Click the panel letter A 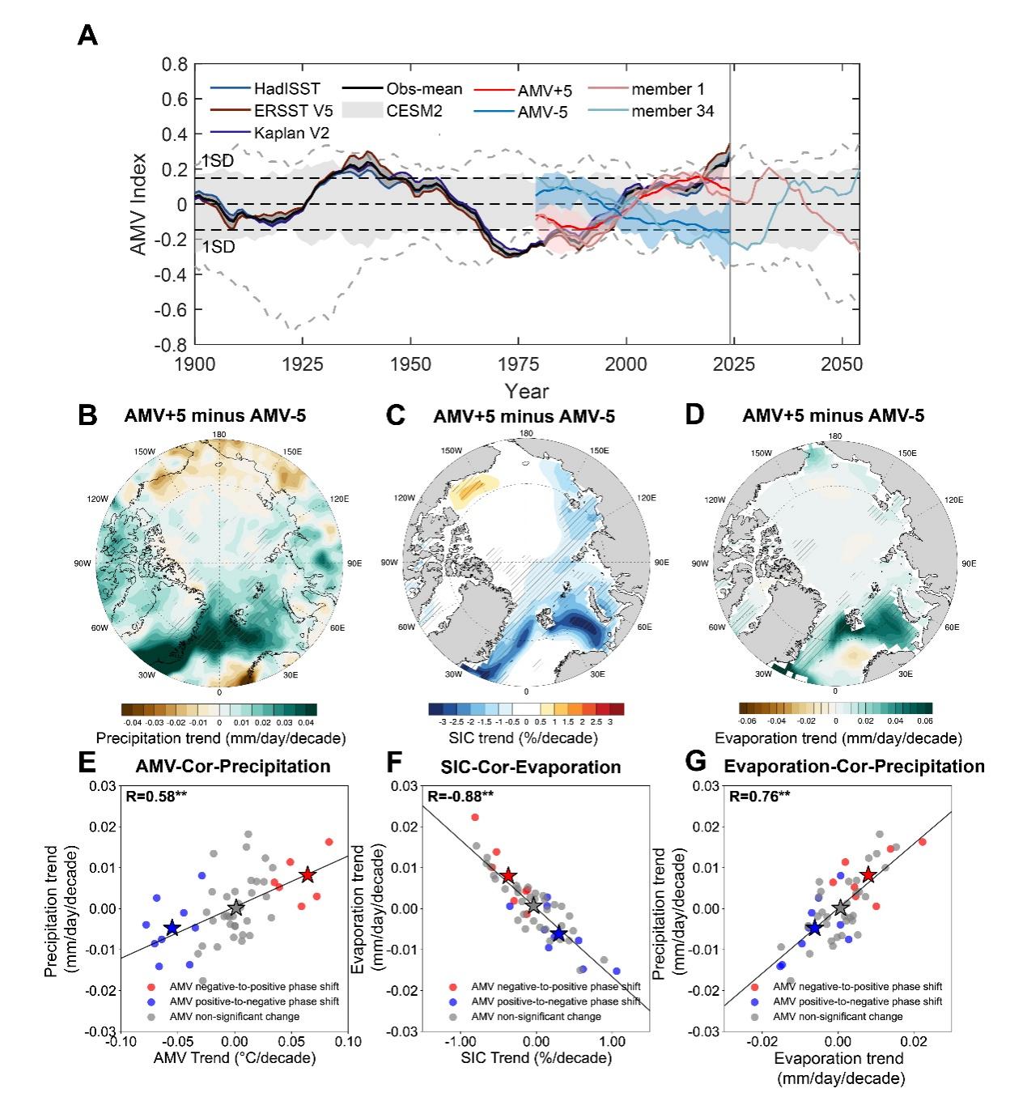click(87, 36)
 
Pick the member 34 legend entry click(673, 111)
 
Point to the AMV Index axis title click(139, 204)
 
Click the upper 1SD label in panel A click(218, 161)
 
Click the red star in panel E click(307, 875)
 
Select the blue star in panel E click(172, 927)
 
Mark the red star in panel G click(868, 875)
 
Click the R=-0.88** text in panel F click(460, 797)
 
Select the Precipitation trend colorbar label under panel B click(220, 738)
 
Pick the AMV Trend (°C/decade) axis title click(235, 1058)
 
